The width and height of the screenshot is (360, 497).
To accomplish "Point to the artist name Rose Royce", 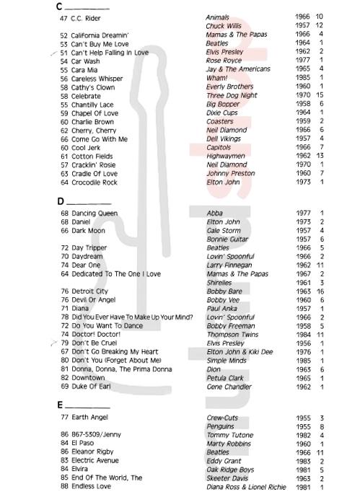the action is point(223,61).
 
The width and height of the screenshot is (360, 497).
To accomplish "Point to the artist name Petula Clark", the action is point(227,377).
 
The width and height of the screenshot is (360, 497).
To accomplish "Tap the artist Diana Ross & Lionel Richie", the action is point(245,486).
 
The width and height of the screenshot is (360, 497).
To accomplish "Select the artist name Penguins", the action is point(220,426).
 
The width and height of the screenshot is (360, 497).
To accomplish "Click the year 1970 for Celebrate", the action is point(304,95).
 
